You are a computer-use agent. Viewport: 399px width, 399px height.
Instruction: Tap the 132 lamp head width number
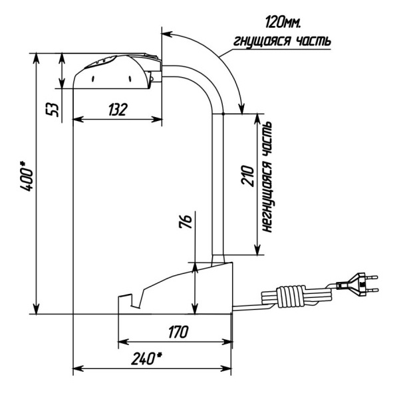click(117, 110)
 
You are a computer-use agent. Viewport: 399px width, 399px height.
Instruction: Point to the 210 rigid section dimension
click(247, 177)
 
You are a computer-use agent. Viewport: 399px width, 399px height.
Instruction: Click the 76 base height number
click(186, 222)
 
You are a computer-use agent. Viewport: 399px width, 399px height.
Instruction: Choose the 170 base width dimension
click(178, 332)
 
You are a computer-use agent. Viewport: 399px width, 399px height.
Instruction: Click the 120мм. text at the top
click(283, 22)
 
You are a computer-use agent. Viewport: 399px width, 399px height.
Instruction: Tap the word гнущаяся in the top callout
click(262, 41)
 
